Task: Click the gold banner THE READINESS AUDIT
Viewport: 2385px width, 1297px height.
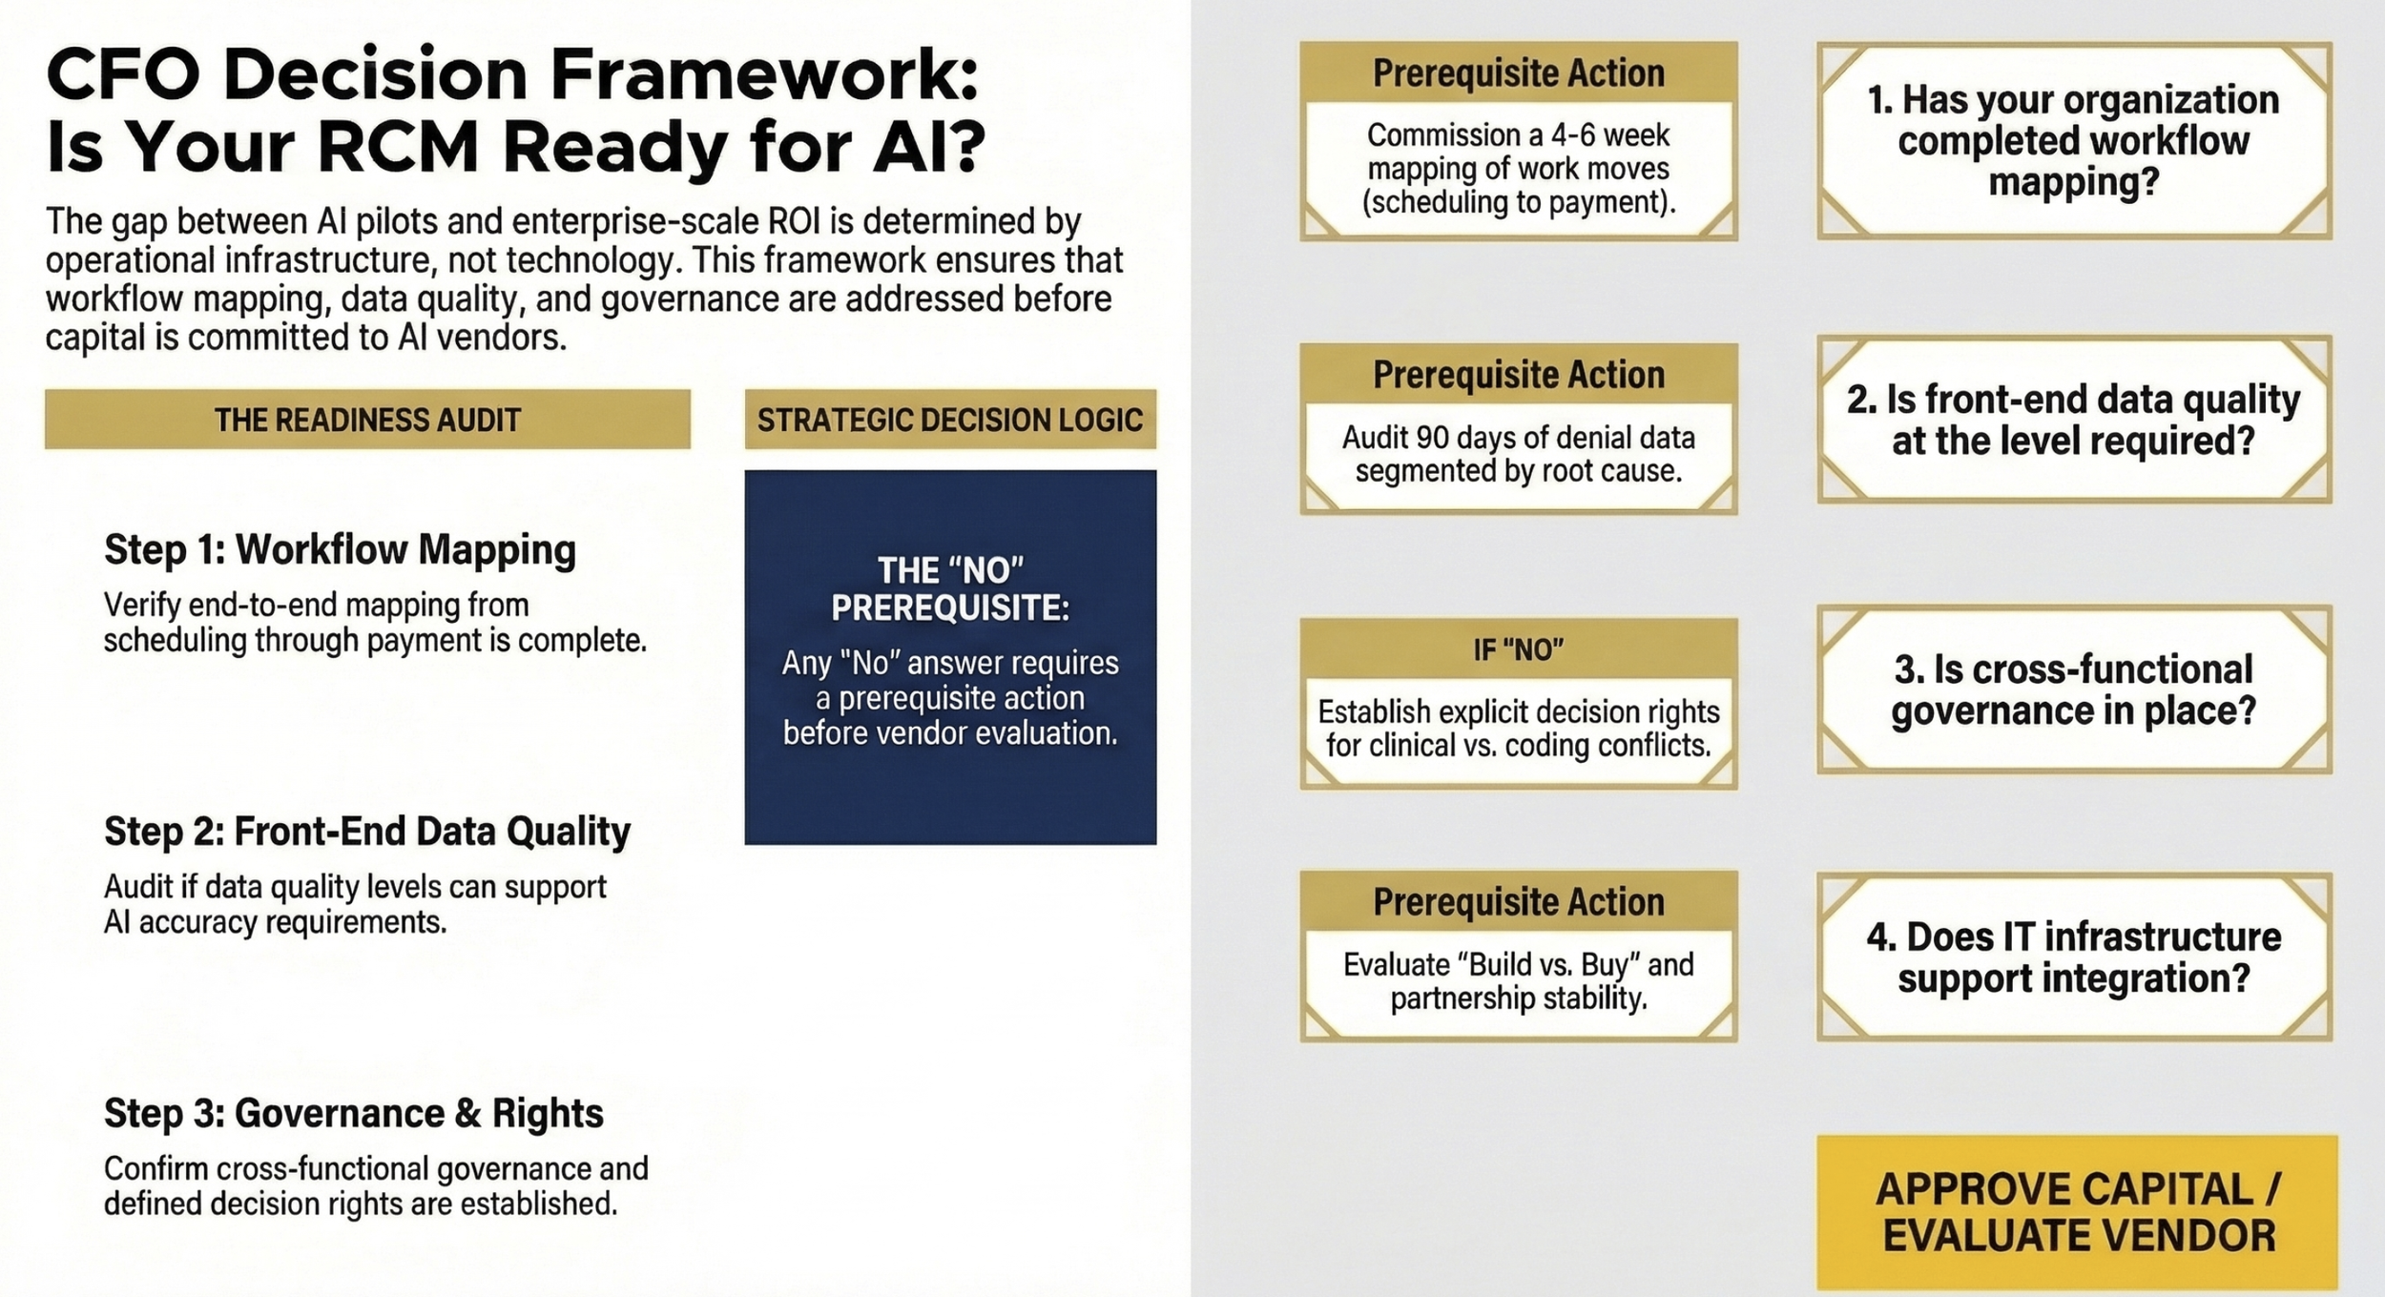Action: [x=367, y=420]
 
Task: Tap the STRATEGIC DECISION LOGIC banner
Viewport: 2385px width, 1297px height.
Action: [x=949, y=420]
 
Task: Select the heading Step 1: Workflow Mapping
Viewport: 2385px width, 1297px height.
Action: [x=340, y=550]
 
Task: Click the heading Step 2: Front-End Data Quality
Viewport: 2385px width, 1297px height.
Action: [x=367, y=832]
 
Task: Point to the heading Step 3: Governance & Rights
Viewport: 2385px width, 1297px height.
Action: [x=353, y=1113]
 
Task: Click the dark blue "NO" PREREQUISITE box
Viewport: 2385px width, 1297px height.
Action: [x=949, y=657]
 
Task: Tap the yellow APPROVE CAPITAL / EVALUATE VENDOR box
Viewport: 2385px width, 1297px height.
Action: [x=2077, y=1212]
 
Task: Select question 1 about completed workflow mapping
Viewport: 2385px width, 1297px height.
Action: [x=2073, y=140]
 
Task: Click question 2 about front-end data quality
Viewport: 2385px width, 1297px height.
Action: [x=2073, y=420]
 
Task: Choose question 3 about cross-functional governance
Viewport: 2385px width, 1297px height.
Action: [x=2073, y=690]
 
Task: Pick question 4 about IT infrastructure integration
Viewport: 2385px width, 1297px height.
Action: [x=2073, y=957]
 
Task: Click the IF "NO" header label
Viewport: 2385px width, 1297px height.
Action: [x=1518, y=650]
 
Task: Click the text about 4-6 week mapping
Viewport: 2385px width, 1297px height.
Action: [x=1518, y=169]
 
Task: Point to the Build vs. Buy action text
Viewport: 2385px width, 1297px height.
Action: [x=1518, y=981]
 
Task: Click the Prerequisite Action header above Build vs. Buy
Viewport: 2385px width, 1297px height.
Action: [x=1518, y=902]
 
